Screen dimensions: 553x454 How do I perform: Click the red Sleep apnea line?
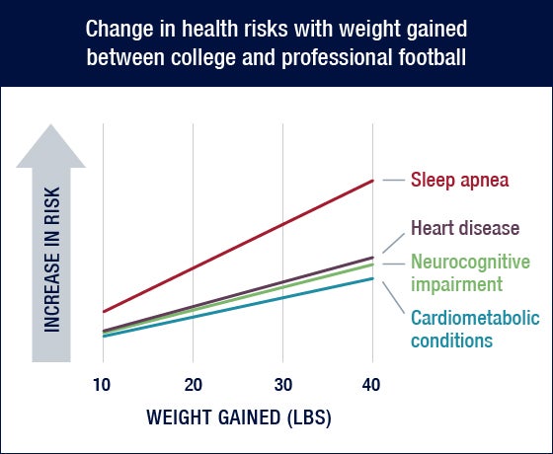coord(238,246)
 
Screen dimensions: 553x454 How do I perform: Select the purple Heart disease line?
coord(238,294)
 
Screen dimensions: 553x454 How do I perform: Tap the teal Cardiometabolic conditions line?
coord(238,307)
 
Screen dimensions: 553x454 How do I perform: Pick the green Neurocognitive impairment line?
coord(238,299)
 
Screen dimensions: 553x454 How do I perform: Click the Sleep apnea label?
coord(460,180)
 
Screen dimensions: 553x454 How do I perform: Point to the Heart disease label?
coord(465,228)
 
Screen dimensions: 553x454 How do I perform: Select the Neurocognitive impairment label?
coord(470,272)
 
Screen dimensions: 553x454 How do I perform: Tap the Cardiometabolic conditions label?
coord(475,330)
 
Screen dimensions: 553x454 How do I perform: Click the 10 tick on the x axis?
coord(102,385)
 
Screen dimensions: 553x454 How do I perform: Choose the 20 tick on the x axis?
coord(194,385)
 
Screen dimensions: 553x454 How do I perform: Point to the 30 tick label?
coord(283,385)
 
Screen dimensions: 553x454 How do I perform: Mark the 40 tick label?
coord(371,385)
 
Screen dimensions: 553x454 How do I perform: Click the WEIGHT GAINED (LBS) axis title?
coord(239,418)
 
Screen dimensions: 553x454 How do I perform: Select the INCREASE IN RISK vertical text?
coord(51,260)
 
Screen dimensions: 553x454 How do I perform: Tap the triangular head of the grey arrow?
coord(50,146)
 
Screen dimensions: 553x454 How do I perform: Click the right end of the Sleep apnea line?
coord(373,181)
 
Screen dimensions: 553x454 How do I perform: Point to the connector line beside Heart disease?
coord(394,243)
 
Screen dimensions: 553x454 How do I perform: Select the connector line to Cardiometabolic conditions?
coord(394,297)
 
